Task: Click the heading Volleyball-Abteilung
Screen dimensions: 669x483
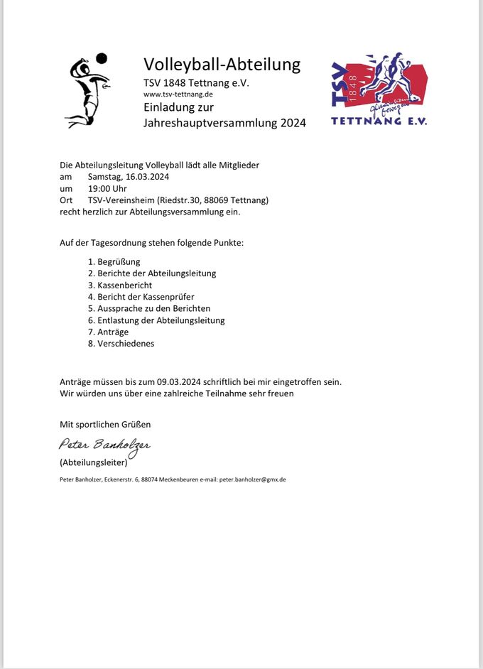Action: tap(222, 65)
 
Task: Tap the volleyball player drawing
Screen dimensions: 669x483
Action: tap(86, 92)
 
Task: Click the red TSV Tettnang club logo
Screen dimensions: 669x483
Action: tap(379, 89)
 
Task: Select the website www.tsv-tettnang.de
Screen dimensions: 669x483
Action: tap(178, 94)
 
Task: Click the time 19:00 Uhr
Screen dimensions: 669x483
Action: tap(107, 188)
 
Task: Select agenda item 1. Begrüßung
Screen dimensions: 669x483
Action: tap(114, 261)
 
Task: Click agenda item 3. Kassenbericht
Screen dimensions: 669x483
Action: tap(120, 285)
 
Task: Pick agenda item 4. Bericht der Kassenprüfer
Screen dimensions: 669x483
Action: tap(141, 297)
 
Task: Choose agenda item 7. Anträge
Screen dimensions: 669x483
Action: tap(108, 332)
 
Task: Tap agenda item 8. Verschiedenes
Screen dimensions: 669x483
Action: tap(121, 344)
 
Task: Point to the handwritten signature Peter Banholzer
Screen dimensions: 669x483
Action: tap(104, 446)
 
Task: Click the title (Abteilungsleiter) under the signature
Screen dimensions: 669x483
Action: tap(94, 463)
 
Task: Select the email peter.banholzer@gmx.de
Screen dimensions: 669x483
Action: tap(252, 479)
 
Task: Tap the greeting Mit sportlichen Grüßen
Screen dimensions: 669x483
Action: tap(105, 425)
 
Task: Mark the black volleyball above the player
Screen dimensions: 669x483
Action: tap(102, 58)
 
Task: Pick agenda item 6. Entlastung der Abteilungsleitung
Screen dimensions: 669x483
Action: tap(156, 320)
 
